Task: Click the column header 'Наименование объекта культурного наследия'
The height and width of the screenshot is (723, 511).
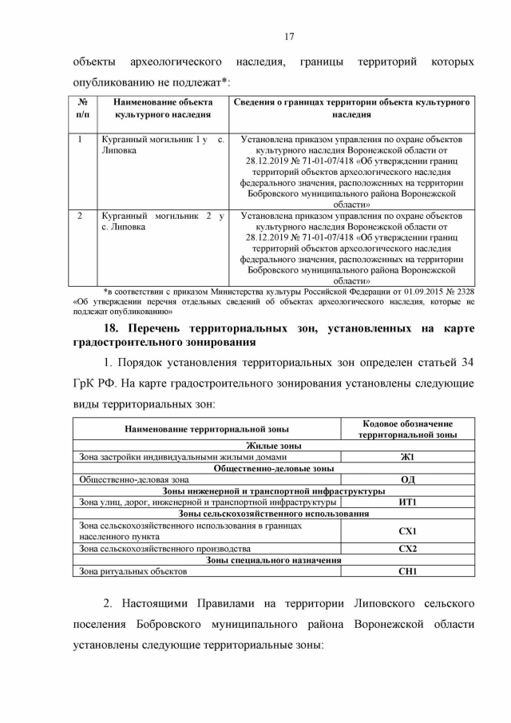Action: point(162,109)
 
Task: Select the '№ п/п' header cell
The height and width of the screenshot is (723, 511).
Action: point(83,109)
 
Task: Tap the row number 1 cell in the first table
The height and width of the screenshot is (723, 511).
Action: point(81,139)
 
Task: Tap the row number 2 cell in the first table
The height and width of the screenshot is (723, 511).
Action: point(81,216)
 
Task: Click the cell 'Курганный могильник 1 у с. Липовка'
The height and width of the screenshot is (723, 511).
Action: point(162,145)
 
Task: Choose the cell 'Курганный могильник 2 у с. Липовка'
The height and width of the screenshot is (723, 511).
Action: point(162,221)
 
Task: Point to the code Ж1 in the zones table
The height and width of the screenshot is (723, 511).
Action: point(407,457)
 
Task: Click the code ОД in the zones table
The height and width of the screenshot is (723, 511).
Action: point(407,479)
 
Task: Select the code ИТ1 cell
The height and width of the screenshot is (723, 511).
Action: point(407,502)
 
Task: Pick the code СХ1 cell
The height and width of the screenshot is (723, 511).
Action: point(407,530)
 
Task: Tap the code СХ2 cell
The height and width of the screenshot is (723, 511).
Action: point(407,549)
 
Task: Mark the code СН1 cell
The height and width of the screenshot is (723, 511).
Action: point(407,571)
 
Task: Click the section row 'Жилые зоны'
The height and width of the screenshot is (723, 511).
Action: point(274,446)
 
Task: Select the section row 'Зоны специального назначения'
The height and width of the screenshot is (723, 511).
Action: point(274,560)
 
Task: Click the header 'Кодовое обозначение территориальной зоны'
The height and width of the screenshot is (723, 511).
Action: point(407,429)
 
